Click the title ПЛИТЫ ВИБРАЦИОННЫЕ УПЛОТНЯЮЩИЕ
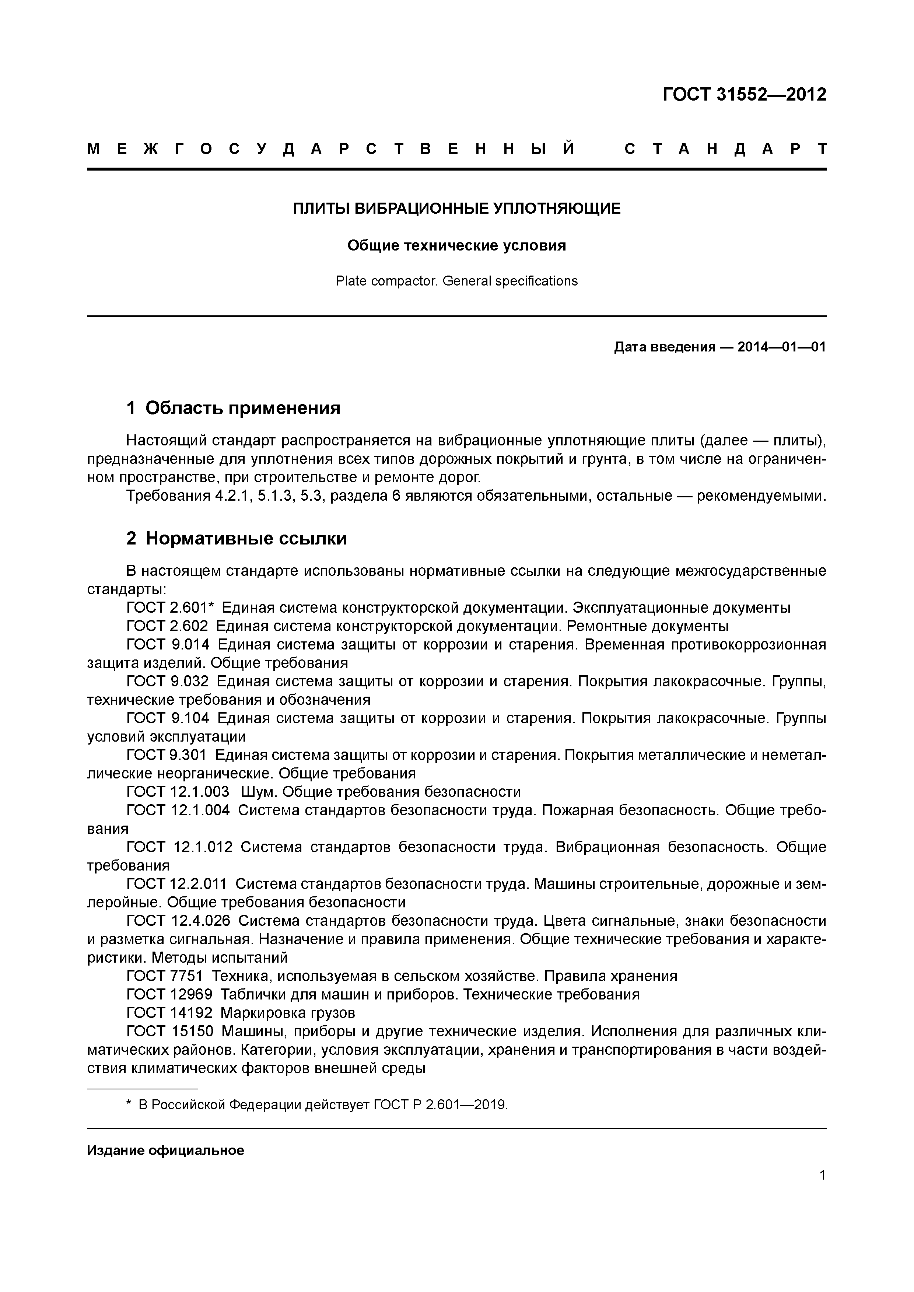pos(456,209)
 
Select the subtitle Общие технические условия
pos(456,246)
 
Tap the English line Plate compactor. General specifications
pos(456,281)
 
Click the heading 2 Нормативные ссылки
pos(237,539)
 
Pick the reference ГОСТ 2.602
pos(167,626)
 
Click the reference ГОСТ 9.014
pos(168,644)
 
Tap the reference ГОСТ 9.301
pos(167,754)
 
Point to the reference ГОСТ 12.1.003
pos(178,792)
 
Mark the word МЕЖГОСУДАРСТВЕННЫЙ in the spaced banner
pos(332,149)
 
